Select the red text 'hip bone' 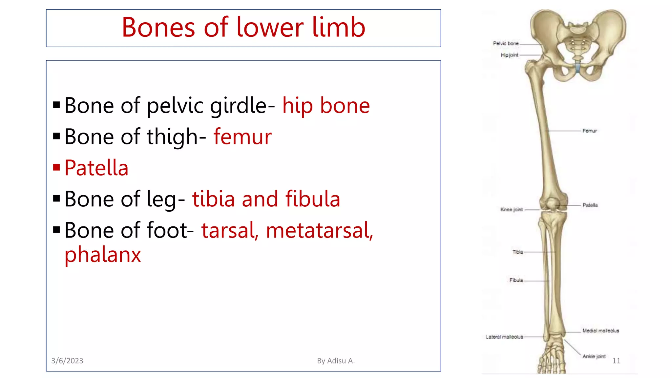326,106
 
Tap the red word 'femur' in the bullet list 242,137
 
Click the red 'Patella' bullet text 96,168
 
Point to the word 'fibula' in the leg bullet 312,199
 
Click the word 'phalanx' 103,255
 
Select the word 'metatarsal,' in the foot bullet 319,230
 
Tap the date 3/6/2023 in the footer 67,361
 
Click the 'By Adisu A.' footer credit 336,361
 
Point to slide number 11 616,361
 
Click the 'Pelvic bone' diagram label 506,43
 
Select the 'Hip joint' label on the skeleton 509,55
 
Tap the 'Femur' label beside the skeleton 590,131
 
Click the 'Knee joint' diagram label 511,209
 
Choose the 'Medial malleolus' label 600,331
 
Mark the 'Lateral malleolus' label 504,337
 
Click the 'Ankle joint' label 594,356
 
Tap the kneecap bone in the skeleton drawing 552,204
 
